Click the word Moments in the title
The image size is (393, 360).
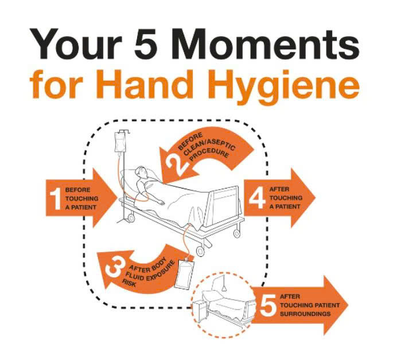(x=266, y=44)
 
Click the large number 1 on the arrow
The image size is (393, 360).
(x=56, y=199)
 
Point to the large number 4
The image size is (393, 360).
(x=257, y=198)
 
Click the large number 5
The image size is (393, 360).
(x=268, y=304)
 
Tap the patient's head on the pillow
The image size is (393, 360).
(x=141, y=172)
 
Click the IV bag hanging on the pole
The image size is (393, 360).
(x=119, y=142)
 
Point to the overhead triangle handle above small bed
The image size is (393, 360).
(x=224, y=287)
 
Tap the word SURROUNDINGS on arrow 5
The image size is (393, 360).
(x=305, y=314)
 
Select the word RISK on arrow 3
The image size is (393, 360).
(x=129, y=283)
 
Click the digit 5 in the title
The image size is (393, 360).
(x=146, y=44)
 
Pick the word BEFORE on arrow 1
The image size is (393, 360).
(x=77, y=190)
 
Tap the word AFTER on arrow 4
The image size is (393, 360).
(x=279, y=189)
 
